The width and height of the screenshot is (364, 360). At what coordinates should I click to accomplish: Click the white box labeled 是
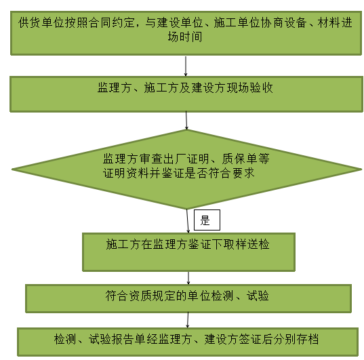(x=207, y=220)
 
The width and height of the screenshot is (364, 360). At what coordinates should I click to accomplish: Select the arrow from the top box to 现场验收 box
(x=186, y=66)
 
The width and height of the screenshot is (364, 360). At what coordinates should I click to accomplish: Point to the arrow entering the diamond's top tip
(x=186, y=120)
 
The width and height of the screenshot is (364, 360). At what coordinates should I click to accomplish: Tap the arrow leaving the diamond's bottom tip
(x=188, y=221)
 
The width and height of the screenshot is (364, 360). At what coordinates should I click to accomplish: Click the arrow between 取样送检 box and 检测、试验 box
(x=188, y=278)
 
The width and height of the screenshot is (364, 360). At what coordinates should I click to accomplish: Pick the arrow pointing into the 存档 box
(x=188, y=320)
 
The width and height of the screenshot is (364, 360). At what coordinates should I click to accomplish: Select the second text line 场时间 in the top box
(x=185, y=37)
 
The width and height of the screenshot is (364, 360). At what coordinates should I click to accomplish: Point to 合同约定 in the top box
(x=111, y=22)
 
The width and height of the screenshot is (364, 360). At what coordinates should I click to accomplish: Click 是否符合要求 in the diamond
(x=220, y=173)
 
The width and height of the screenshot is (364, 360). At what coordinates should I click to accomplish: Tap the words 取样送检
(x=246, y=244)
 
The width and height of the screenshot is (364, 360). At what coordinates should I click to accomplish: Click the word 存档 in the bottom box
(x=307, y=339)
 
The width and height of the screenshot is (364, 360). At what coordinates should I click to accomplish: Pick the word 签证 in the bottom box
(x=250, y=339)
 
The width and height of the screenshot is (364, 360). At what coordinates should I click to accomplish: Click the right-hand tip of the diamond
(x=361, y=169)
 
